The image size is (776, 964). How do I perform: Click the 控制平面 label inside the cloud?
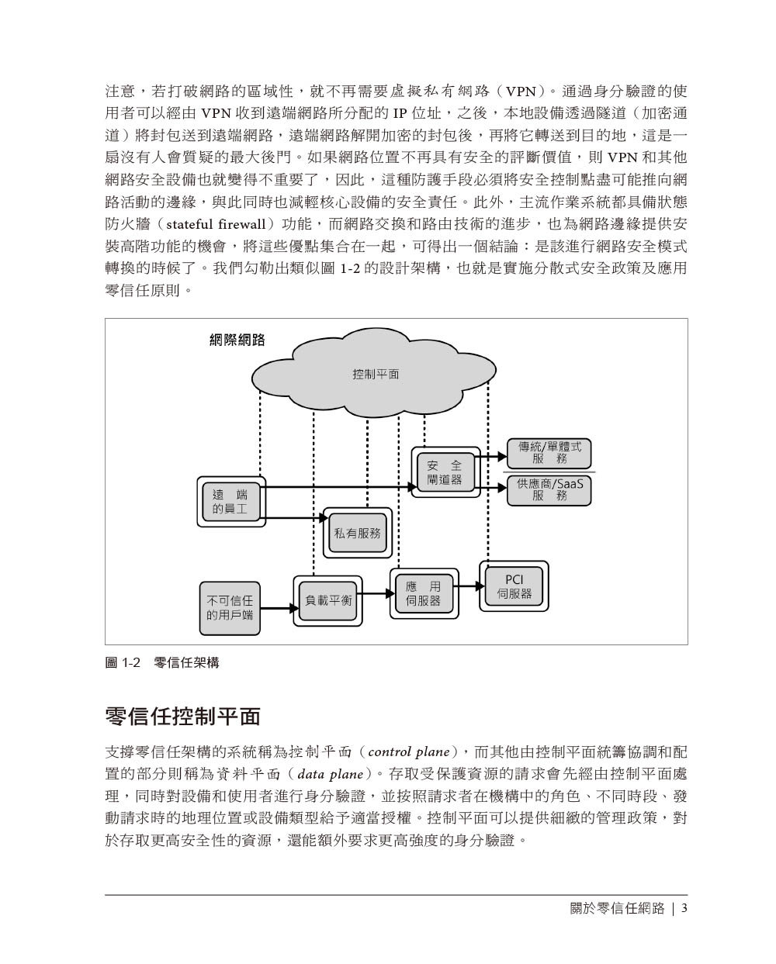[x=376, y=374]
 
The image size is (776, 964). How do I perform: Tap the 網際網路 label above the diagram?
[x=237, y=339]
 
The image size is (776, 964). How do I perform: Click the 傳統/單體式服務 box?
[x=549, y=452]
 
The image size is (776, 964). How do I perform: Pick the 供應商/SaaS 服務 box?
[x=549, y=489]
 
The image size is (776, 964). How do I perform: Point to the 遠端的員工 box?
[x=230, y=502]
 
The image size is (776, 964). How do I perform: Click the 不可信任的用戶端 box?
[x=230, y=607]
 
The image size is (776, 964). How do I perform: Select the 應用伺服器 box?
[x=423, y=594]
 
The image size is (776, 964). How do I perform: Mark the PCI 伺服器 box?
[x=514, y=586]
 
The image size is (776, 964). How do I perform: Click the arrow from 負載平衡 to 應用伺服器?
[x=376, y=595]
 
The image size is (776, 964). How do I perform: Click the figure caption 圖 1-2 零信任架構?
[x=162, y=663]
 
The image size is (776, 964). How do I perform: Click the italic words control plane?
[x=409, y=752]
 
